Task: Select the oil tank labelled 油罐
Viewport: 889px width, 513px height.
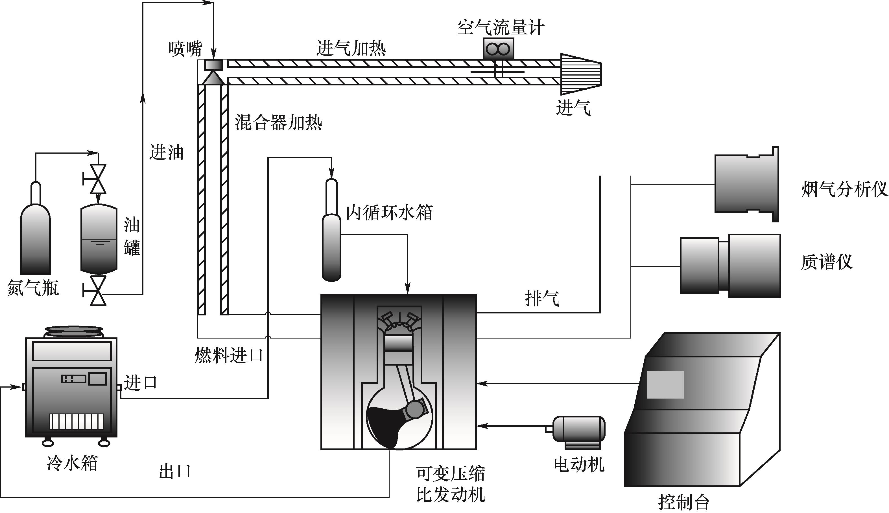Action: [x=99, y=240]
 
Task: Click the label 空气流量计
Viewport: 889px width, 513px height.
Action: [x=501, y=28]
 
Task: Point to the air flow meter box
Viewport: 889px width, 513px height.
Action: [x=497, y=48]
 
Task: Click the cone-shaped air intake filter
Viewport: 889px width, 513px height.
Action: [x=580, y=74]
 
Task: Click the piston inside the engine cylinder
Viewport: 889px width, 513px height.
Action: [x=399, y=344]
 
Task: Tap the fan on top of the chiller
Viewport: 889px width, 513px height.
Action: [x=73, y=331]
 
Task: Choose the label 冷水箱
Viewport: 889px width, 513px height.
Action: [x=72, y=463]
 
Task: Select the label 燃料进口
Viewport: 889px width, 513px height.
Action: [x=229, y=355]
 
